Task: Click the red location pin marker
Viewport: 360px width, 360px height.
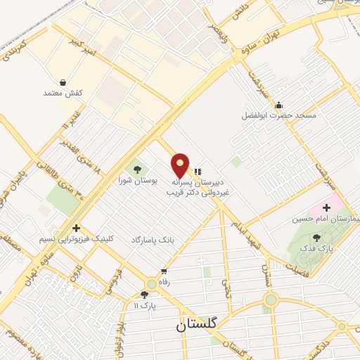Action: [181, 165]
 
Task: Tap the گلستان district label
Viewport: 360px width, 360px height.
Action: [198, 326]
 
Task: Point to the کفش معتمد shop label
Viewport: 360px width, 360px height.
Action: [64, 93]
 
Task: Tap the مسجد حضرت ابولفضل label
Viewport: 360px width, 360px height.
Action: [280, 115]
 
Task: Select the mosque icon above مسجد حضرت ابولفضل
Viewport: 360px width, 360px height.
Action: [280, 104]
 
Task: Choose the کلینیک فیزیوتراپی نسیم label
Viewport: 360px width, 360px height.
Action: [77, 240]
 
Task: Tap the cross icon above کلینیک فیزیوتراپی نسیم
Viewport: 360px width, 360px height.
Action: [76, 228]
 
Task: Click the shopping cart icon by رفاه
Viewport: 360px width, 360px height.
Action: [165, 271]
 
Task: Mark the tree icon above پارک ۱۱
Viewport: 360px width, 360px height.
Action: [144, 295]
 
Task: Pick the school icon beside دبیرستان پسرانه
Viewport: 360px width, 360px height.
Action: [197, 171]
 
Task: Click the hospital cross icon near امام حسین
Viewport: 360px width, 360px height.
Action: [326, 207]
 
